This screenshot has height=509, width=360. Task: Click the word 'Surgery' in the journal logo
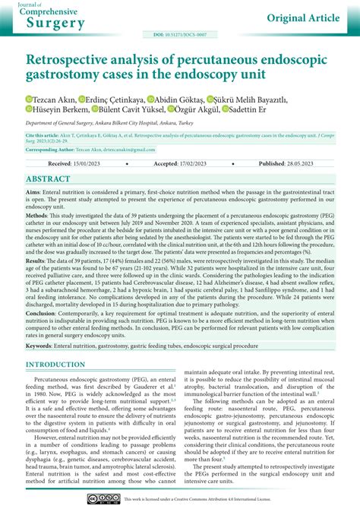57,23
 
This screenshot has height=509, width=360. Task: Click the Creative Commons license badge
103,498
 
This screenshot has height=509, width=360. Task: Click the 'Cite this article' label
45,135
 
